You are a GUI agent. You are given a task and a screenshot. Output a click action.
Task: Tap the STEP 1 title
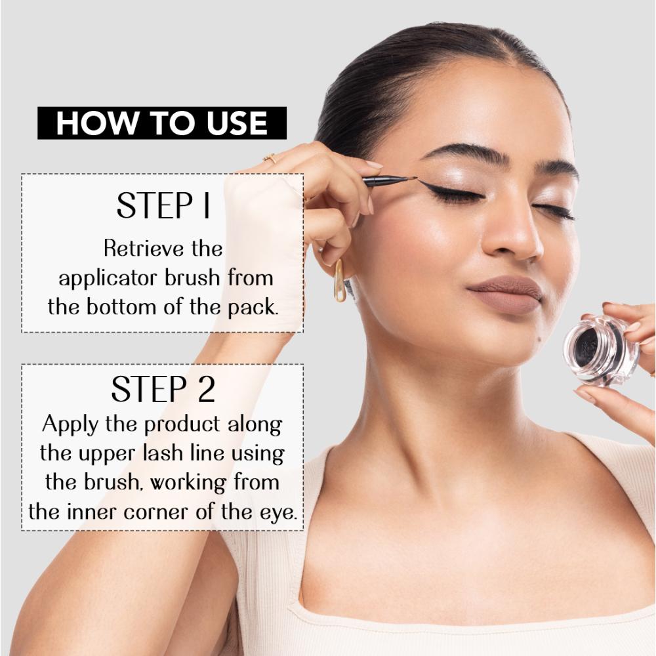click(x=163, y=205)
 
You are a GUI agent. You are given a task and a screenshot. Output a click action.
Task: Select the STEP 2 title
click(x=163, y=390)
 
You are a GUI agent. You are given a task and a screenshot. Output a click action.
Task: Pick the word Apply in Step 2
click(x=69, y=424)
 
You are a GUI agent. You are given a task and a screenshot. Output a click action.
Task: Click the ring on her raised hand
click(x=269, y=158)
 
